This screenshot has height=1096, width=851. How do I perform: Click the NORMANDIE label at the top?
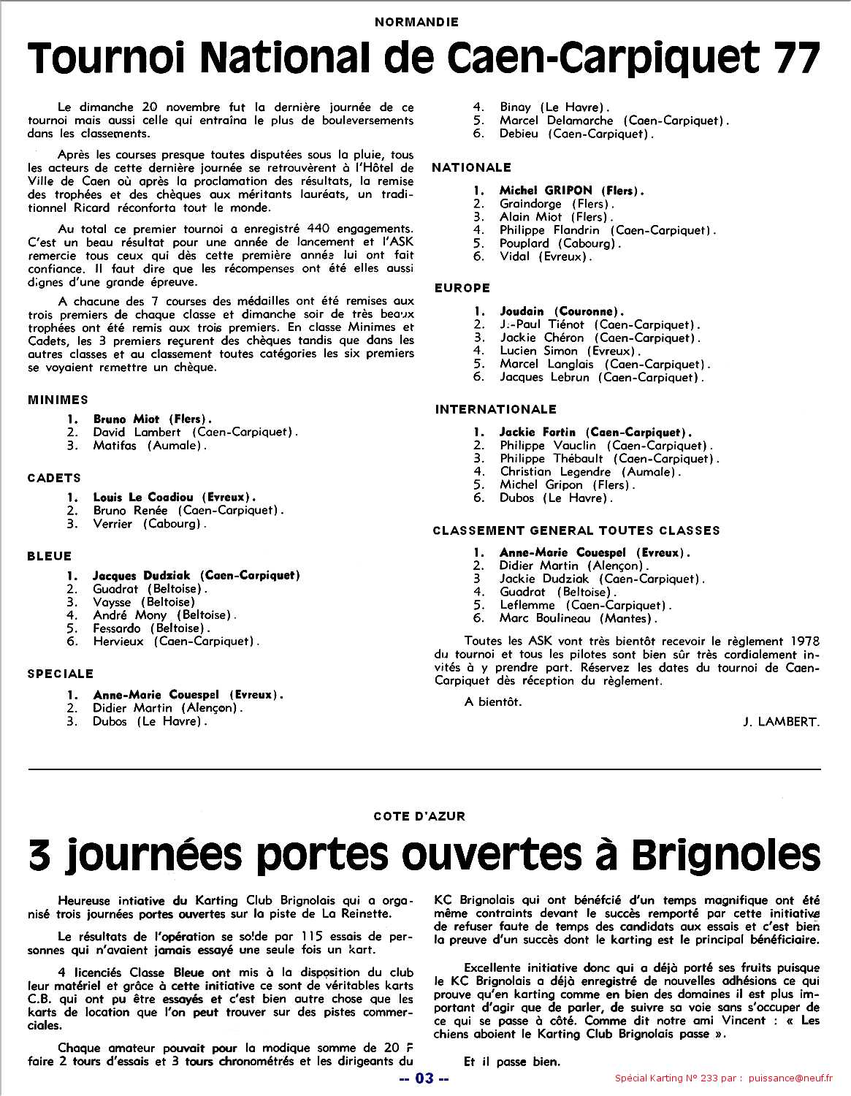tap(416, 22)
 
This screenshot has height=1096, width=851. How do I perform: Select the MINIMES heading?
tap(58, 400)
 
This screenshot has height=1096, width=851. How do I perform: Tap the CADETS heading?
tap(54, 478)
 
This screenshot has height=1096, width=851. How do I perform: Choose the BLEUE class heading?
tap(50, 556)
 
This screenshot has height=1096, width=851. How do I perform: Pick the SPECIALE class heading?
tap(61, 674)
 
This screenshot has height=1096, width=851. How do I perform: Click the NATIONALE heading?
tap(472, 168)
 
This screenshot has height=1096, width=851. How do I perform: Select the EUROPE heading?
tap(462, 288)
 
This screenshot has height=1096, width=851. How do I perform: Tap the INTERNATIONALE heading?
tap(496, 409)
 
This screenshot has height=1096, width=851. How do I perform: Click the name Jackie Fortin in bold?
tap(538, 433)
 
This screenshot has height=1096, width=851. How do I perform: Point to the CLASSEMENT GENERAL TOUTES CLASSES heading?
tap(576, 530)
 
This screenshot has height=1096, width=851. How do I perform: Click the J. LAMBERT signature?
tap(781, 722)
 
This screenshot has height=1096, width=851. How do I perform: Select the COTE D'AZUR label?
tap(419, 816)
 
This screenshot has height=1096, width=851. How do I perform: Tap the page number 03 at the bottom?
tap(424, 1078)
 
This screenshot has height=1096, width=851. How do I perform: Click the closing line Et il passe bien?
tap(512, 1062)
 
